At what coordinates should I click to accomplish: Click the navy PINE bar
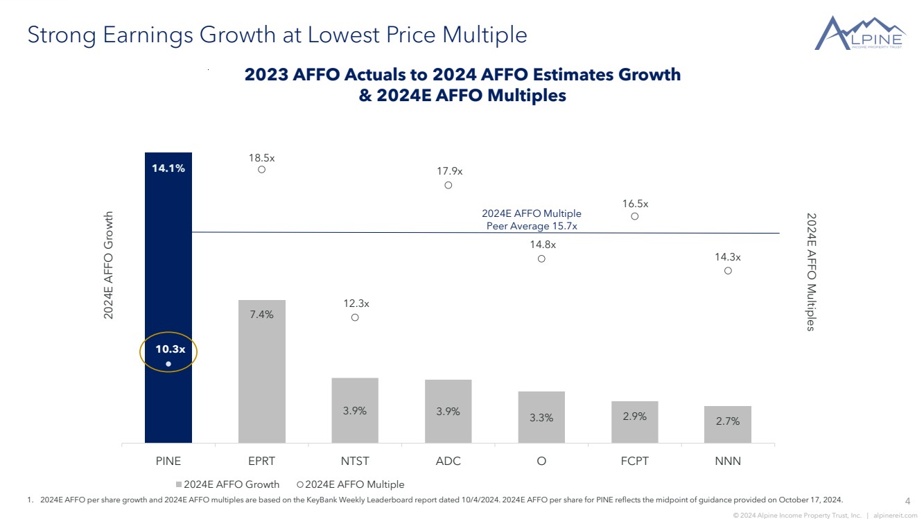point(168,277)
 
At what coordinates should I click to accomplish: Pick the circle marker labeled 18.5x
point(262,169)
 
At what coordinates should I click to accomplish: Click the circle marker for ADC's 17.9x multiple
point(448,185)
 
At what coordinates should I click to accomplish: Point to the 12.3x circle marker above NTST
point(355,317)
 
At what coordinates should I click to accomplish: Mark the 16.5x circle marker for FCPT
point(635,216)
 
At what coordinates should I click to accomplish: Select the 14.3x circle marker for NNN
point(728,271)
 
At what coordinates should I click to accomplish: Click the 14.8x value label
point(543,245)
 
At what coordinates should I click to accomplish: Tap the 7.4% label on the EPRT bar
point(262,315)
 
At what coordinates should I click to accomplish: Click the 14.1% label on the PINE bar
point(168,168)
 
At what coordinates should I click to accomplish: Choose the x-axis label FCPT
point(634,461)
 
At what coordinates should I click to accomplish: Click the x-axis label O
point(541,461)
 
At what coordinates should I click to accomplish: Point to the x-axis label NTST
point(355,461)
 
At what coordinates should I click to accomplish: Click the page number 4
point(908,501)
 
